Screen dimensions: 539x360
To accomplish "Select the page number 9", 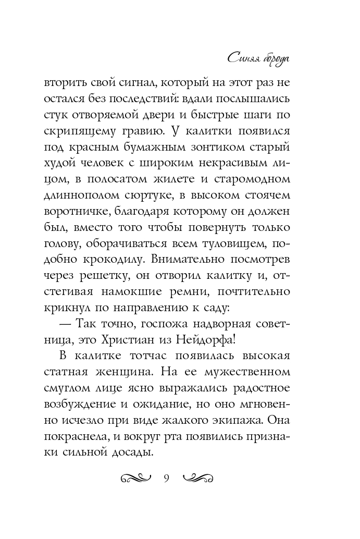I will click(x=167, y=480).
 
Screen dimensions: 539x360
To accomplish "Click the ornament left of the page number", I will click(x=135, y=479).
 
